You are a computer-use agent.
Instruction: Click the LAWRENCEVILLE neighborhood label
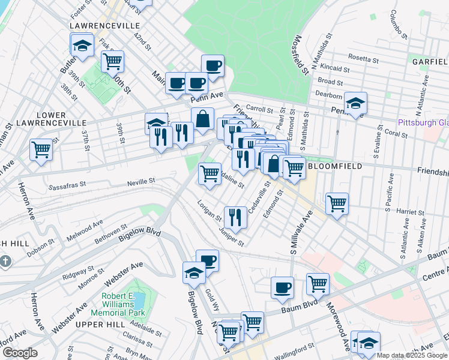[104, 26]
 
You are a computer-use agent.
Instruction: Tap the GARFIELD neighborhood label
[430, 62]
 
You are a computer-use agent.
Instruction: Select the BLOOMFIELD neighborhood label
[334, 166]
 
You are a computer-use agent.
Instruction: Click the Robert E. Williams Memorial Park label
[118, 304]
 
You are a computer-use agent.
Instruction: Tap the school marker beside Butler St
[82, 45]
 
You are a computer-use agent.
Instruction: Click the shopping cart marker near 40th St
[112, 61]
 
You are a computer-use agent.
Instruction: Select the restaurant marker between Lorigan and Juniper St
[235, 217]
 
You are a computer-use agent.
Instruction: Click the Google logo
[19, 353]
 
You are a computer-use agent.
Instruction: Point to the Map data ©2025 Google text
[412, 356]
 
